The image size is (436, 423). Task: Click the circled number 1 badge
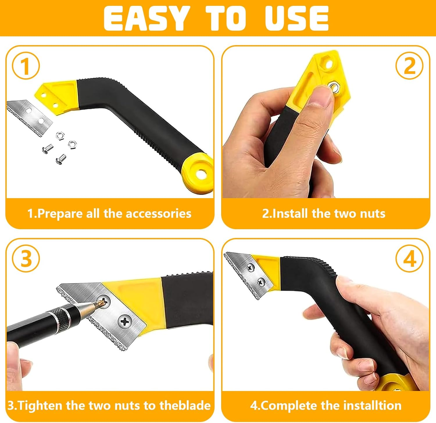pyautogui.click(x=26, y=66)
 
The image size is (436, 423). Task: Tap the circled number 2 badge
pyautogui.click(x=410, y=66)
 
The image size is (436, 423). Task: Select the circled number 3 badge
pyautogui.click(x=26, y=258)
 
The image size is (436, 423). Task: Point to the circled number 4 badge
pyautogui.click(x=410, y=258)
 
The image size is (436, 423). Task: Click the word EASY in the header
pyautogui.click(x=145, y=18)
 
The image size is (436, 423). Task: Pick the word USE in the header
pyautogui.click(x=296, y=18)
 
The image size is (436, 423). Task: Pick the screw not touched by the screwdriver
pyautogui.click(x=125, y=321)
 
